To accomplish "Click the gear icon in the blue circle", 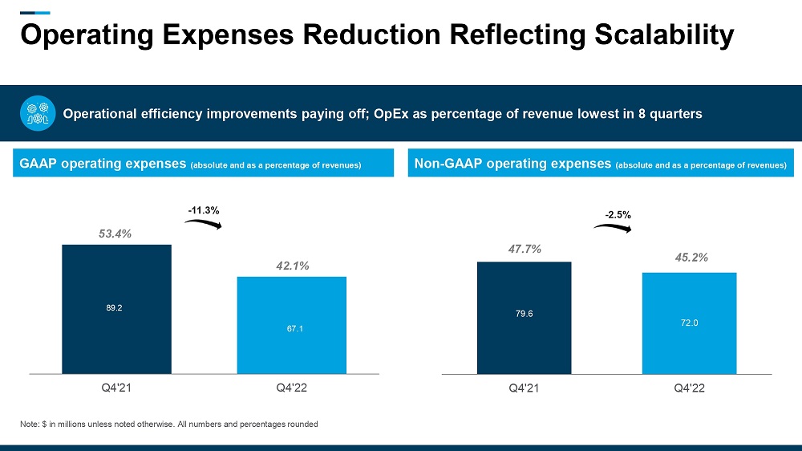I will tap(36, 114).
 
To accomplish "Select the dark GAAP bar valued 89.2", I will tap(116, 309).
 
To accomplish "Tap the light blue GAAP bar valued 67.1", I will tap(291, 325).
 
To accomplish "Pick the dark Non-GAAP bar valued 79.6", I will tap(524, 318).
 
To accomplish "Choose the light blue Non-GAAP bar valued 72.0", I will tap(689, 323).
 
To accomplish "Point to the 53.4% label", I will tap(115, 234).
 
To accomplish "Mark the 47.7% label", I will tap(525, 250).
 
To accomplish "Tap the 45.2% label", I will tap(691, 258).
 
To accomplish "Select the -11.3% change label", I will tap(203, 210).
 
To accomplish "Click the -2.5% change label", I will tap(617, 215).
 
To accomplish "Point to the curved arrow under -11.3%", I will tap(203, 224).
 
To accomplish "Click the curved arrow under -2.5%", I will tap(613, 229).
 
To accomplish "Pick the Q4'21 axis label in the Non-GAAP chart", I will tap(524, 389).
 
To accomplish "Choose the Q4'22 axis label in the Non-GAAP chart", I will tap(689, 389).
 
